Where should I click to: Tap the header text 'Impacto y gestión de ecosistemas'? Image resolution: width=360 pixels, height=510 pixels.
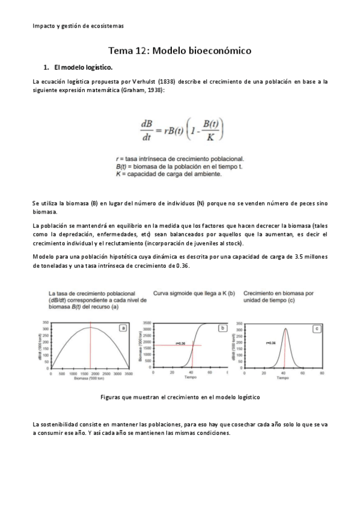click(78, 25)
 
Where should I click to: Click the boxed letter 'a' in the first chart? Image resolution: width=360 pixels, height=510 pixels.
click(123, 328)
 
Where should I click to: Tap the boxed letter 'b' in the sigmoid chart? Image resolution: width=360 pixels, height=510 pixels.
click(222, 328)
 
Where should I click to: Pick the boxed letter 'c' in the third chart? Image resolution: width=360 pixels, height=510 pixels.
click(316, 328)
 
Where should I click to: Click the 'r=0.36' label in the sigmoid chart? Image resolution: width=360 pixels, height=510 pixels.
click(180, 343)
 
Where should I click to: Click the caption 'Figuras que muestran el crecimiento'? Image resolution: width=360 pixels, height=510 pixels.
click(180, 398)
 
